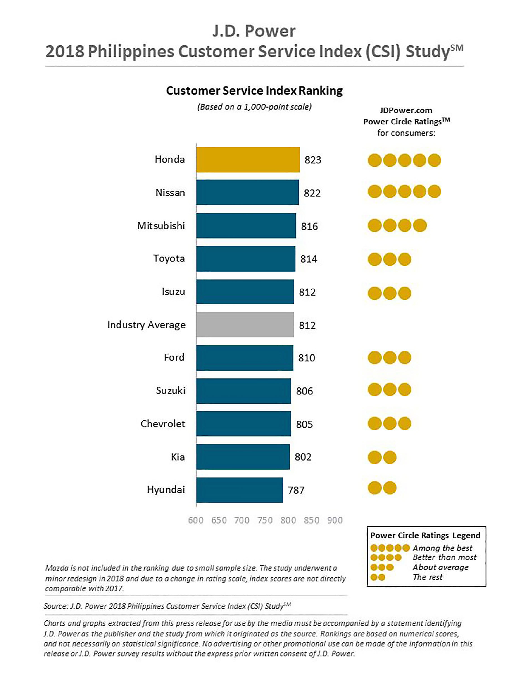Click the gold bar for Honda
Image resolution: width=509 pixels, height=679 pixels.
tap(248, 160)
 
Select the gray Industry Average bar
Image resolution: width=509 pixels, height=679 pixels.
tap(245, 325)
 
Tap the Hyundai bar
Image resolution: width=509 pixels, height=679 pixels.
tap(239, 490)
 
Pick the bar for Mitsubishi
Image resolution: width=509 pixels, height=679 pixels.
tap(246, 226)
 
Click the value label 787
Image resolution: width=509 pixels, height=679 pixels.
tap(296, 490)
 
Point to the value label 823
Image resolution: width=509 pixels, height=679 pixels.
tap(313, 160)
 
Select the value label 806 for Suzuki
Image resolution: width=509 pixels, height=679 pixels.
tap(304, 391)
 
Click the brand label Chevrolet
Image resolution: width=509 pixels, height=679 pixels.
tap(163, 424)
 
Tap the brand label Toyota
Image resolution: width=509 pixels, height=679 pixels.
tap(169, 258)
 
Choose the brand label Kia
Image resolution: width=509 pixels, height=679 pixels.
tap(178, 457)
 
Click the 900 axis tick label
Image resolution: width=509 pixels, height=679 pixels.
tap(335, 520)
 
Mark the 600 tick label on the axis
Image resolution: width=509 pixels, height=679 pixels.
tap(196, 520)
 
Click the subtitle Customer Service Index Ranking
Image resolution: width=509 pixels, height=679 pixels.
tap(254, 91)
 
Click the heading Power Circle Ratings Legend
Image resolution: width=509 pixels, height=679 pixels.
tap(425, 535)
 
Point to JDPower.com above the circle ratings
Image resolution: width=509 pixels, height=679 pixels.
tap(406, 110)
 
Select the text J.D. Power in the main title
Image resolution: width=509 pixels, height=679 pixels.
tap(254, 31)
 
